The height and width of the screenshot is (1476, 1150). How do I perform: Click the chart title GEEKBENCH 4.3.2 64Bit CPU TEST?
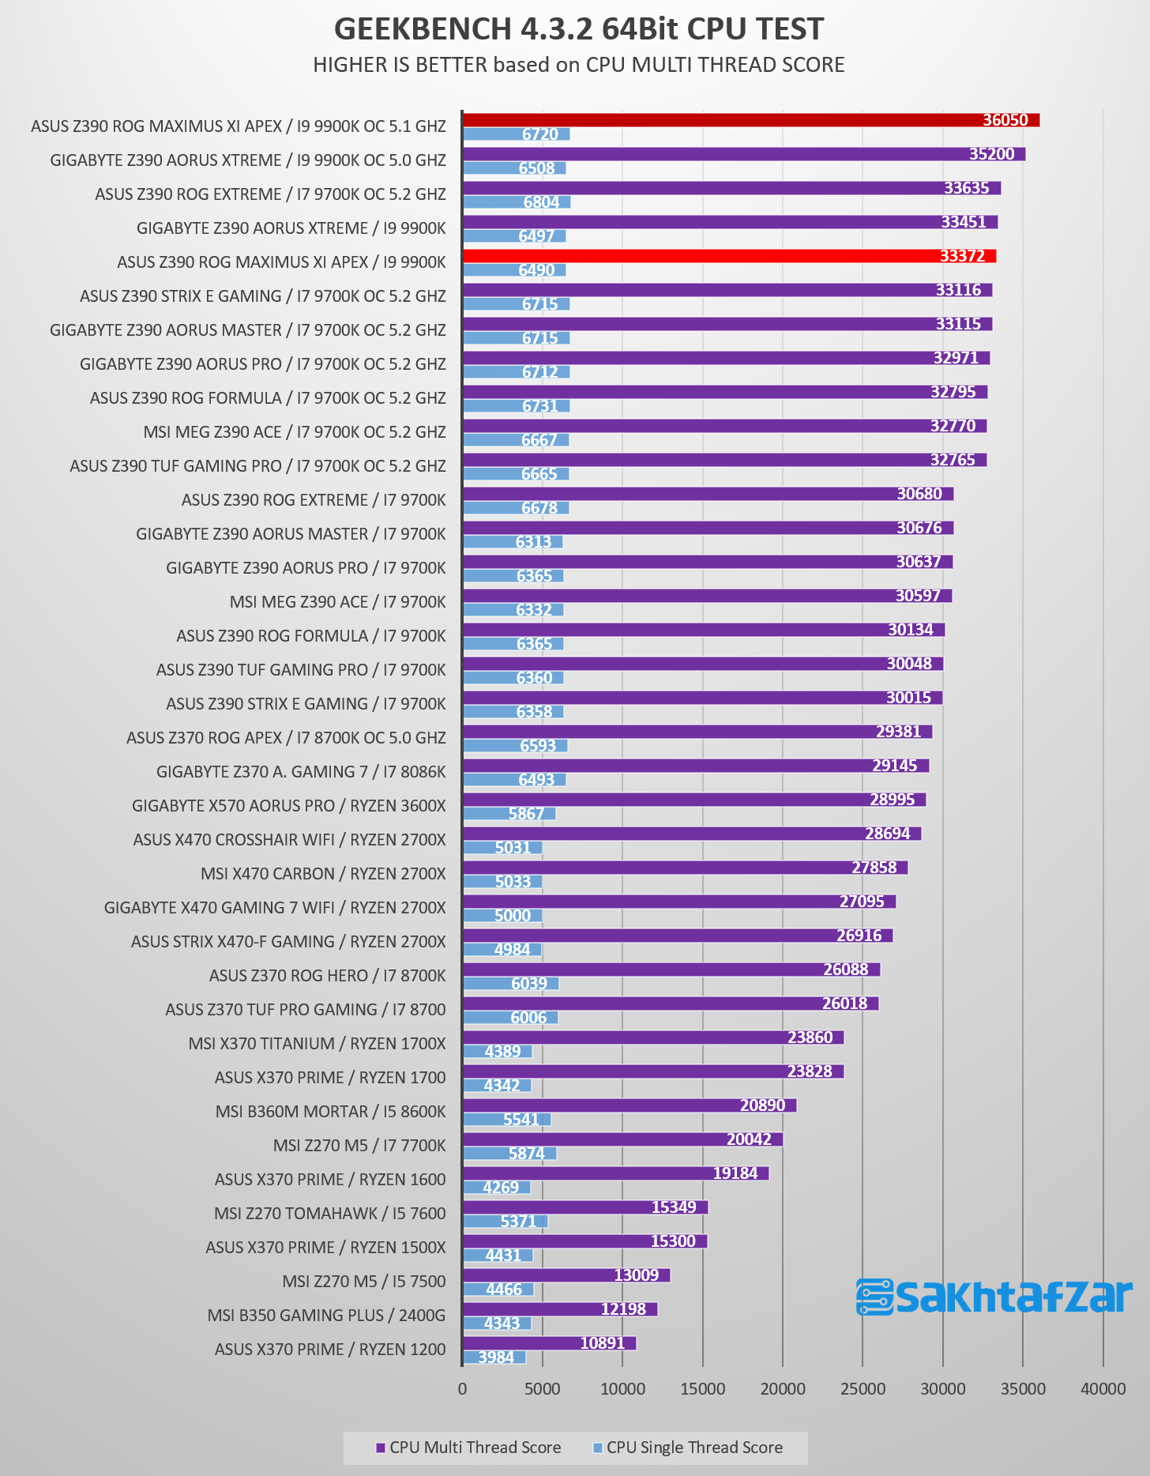coord(579,28)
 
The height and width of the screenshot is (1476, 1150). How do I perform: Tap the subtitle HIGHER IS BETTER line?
coord(579,65)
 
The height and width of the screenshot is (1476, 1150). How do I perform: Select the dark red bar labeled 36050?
coord(751,120)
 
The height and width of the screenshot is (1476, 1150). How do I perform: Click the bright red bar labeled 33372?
coord(730,256)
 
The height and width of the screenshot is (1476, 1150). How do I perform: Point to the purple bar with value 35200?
coord(744,154)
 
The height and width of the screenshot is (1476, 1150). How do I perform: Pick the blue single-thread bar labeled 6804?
coord(517,202)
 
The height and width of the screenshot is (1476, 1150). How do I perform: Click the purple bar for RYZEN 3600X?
coord(694,800)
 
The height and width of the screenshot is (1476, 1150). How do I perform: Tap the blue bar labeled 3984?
coord(494,1357)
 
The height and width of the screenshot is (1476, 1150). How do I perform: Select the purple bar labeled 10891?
coord(550,1343)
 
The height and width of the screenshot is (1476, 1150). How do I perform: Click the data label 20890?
coord(762,1105)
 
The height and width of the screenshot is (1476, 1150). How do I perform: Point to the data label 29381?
coord(899,731)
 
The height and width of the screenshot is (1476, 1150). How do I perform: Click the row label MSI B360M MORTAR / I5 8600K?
coord(331,1112)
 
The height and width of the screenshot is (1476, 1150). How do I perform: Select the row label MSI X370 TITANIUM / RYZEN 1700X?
coord(318,1044)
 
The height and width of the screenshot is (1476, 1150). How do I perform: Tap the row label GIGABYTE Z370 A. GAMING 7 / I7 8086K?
coord(301,772)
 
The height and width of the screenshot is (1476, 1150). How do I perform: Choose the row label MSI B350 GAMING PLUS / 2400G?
coord(327,1316)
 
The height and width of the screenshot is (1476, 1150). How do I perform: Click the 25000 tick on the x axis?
coord(862,1389)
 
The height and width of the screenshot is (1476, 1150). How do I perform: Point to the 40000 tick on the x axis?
coord(1103,1389)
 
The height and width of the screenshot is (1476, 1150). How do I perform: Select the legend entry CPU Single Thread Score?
coord(688,1448)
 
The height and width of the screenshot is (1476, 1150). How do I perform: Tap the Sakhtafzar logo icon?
coord(875,1297)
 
